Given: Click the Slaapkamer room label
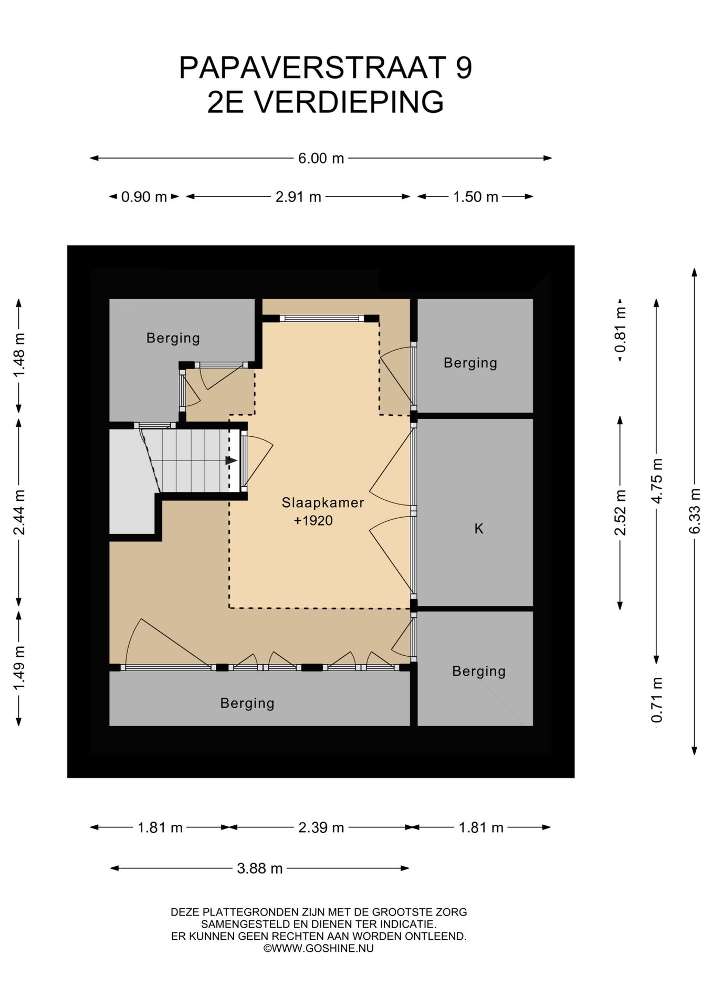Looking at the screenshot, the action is (323, 502).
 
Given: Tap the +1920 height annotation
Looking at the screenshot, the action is (313, 520).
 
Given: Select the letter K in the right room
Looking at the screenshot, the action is (479, 528).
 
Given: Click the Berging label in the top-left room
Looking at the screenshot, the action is (173, 338).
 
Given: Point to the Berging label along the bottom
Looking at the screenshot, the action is (247, 703).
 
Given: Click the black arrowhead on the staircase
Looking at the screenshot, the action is (231, 460).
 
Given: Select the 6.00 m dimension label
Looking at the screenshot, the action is (321, 158).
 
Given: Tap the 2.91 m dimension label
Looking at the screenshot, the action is (298, 197).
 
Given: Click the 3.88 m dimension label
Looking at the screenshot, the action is (260, 868).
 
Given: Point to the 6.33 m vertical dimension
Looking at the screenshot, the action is (695, 511).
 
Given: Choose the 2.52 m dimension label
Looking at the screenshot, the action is (621, 512).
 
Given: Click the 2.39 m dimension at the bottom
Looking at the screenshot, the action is (321, 827).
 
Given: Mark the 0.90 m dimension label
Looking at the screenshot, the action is (144, 197).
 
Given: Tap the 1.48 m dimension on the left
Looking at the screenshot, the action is (19, 354).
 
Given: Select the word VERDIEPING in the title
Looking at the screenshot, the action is (349, 102).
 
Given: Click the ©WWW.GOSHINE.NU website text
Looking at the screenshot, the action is (319, 948).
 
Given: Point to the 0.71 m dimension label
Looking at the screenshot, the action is (657, 700).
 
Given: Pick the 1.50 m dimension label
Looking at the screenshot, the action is (475, 197).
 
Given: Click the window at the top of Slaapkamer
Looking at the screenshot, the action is (321, 318).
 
